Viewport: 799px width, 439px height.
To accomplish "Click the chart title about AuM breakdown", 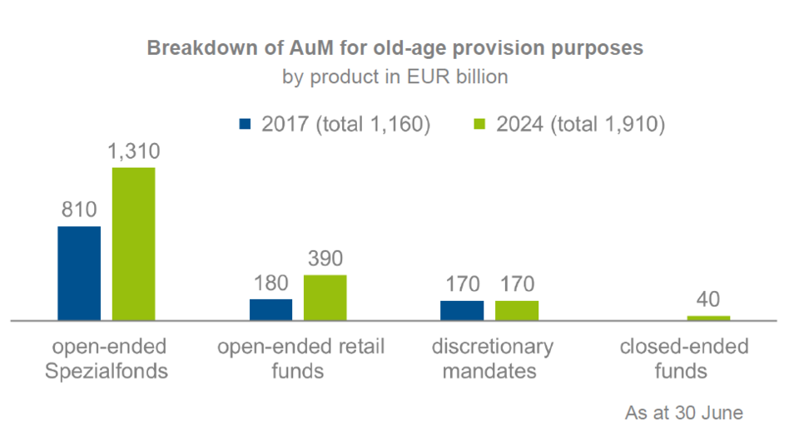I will point(395,48).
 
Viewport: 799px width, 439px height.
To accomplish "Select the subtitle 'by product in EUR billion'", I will point(395,77).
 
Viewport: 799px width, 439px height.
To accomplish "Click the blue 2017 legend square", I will point(245,125).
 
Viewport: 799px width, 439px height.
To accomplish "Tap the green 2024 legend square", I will point(479,125).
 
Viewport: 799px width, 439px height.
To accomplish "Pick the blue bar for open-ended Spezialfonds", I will point(79,273).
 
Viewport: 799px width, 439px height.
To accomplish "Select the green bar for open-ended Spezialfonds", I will point(134,244).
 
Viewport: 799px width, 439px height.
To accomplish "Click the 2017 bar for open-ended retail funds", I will point(271,309).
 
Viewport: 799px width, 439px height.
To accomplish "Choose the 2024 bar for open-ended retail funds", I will point(325,297).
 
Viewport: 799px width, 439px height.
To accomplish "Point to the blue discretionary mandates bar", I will point(462,310).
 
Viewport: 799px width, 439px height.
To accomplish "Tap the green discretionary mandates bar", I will point(517,310).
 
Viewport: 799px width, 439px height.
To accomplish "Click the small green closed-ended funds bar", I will point(708,318).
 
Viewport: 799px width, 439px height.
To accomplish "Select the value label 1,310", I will point(134,152).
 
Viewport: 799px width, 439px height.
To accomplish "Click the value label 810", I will point(79,210).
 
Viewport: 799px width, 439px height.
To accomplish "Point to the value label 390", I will point(325,259).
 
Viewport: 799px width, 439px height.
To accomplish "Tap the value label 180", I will point(270,284).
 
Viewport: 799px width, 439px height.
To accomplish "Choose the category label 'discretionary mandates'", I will point(489,358).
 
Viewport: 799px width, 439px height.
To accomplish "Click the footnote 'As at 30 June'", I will point(683,412).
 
